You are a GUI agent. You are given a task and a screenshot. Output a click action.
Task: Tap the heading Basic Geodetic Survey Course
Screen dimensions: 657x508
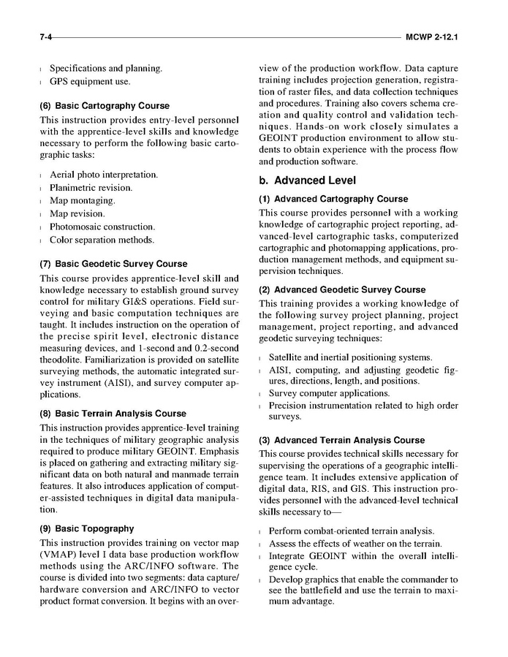coord(113,264)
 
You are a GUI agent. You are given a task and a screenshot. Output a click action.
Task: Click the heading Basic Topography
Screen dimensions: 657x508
coord(87,528)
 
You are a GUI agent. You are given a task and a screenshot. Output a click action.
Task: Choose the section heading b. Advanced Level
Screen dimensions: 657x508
coord(307,181)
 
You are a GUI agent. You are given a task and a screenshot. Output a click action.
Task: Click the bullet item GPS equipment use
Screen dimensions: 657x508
coord(90,81)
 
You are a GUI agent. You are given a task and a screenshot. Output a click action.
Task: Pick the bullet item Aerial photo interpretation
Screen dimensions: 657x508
coord(104,176)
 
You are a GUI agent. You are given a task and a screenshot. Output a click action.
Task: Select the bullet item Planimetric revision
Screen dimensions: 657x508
coord(91,189)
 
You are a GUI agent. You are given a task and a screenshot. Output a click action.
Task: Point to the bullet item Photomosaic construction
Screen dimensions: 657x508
coord(102,227)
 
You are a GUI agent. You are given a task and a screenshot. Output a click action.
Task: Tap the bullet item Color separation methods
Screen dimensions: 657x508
coord(102,240)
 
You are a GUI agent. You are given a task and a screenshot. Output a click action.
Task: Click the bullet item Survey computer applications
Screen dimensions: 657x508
coord(329,393)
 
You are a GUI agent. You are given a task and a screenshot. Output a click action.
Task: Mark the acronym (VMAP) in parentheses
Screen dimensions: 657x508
coord(59,555)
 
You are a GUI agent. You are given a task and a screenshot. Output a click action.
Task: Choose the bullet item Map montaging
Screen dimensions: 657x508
coord(83,201)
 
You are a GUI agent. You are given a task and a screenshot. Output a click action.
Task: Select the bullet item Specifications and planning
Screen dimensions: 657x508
coord(106,69)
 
